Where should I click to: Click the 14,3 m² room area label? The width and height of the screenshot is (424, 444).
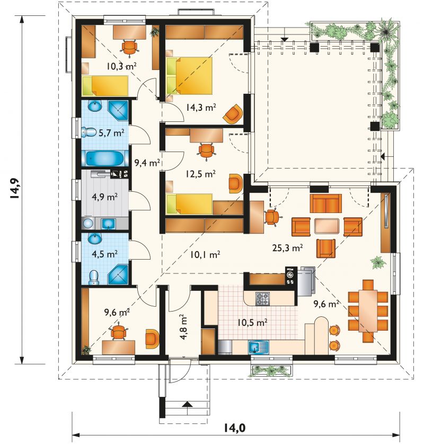coord(201,107)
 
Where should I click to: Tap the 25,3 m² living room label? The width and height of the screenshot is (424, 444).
coord(287,248)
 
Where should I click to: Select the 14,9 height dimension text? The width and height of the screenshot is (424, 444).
coord(14,189)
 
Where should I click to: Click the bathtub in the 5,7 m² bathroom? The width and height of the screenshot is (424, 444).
coord(105,158)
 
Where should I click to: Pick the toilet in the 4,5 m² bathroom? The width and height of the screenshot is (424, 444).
coord(93,277)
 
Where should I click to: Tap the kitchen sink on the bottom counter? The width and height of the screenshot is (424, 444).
coord(258,347)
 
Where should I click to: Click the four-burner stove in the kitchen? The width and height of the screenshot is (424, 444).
coord(262,299)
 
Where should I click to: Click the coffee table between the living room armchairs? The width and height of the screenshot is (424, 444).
coord(326,226)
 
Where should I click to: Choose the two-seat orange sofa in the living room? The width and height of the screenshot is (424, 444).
coord(326,203)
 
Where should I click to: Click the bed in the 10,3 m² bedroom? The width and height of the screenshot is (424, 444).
coord(105,85)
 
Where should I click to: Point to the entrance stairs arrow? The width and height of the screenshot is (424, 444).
coord(187,404)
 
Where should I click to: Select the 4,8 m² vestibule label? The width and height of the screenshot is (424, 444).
coord(183,326)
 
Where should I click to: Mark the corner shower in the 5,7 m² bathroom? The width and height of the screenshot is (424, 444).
coord(118,110)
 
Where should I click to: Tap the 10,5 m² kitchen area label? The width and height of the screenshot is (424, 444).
coord(252,322)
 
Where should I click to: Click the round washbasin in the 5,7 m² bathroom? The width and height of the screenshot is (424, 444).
coord(94,106)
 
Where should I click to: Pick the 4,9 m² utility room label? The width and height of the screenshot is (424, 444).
coord(105,197)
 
